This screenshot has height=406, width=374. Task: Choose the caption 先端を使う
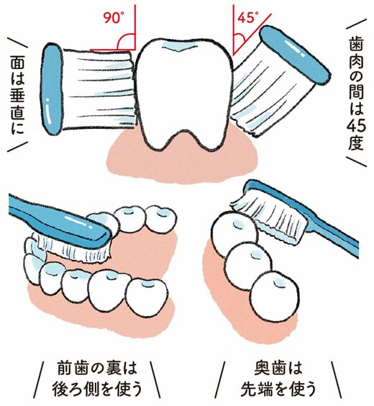point(277,389)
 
